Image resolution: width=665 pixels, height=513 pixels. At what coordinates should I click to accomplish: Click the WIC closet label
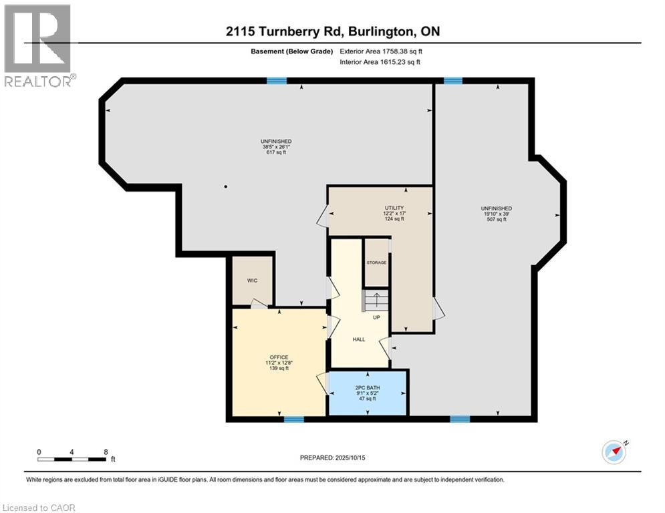[x=252, y=281]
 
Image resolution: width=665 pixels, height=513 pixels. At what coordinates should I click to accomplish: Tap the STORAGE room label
[x=376, y=263]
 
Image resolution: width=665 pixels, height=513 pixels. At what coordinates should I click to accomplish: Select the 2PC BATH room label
[x=368, y=387]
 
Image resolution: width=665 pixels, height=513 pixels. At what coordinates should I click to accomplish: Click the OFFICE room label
[x=279, y=357]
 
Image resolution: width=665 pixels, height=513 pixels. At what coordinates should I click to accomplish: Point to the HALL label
[x=359, y=339]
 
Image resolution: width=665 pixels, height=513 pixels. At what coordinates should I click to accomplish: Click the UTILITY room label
[x=394, y=208]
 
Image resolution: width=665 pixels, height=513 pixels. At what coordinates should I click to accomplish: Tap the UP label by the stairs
[x=376, y=317]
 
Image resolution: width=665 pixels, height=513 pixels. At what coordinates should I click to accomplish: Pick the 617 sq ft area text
[x=276, y=152]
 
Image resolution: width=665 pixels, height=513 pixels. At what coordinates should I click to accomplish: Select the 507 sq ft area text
[x=497, y=220]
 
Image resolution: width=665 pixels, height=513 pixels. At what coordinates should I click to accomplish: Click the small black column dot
[x=226, y=186]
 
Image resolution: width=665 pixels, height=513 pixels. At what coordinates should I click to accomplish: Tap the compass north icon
[x=614, y=452]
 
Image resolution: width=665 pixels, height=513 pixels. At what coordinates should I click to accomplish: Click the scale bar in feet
[x=72, y=459]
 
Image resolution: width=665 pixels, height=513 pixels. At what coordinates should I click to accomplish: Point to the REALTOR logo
[x=38, y=45]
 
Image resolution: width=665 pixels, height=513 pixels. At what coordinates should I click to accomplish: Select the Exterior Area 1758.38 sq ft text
[x=381, y=51]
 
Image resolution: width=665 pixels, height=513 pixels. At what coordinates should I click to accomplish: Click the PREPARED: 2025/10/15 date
[x=333, y=458]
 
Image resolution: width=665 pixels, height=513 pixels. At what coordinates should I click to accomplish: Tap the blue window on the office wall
[x=294, y=419]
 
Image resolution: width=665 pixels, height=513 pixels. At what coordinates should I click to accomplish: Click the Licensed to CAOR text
[x=39, y=508]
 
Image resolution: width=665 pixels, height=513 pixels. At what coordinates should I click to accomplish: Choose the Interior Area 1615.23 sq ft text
[x=380, y=62]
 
